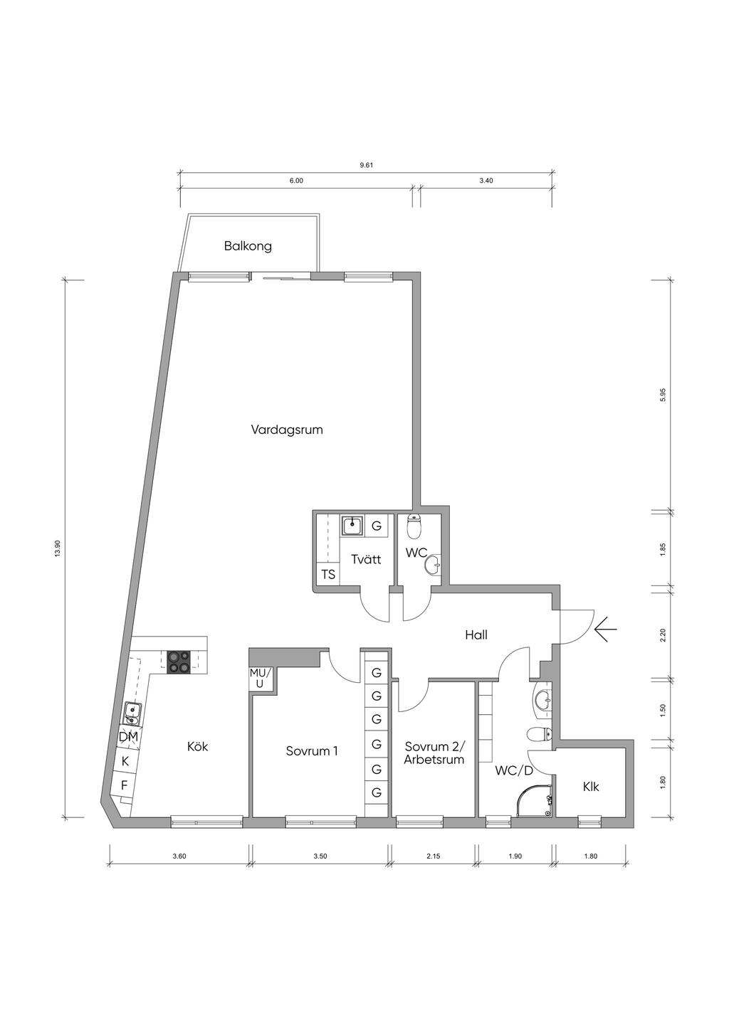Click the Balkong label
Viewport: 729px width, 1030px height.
pyautogui.click(x=248, y=246)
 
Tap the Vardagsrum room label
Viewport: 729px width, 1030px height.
pyautogui.click(x=287, y=430)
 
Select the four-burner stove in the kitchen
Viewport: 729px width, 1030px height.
pyautogui.click(x=178, y=663)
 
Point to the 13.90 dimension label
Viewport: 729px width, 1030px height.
pyautogui.click(x=57, y=548)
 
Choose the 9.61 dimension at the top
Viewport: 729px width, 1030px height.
pyautogui.click(x=367, y=166)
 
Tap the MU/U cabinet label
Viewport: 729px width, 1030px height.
pyautogui.click(x=261, y=679)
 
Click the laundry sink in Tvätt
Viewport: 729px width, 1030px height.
pyautogui.click(x=352, y=525)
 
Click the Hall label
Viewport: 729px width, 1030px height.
pyautogui.click(x=476, y=635)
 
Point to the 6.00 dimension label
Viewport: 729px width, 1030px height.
pyautogui.click(x=296, y=181)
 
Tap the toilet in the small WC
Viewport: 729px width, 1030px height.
pyautogui.click(x=414, y=526)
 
